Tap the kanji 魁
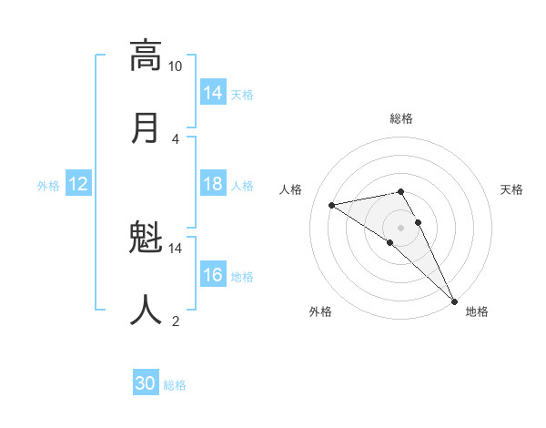coord(146,239)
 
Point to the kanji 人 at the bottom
coord(146,310)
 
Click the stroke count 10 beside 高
coord(176,66)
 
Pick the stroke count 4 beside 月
coord(176,138)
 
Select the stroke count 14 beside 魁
coord(176,248)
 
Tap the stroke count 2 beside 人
coord(176,320)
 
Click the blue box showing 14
coord(213,93)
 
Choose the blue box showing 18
coord(213,184)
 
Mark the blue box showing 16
coord(213,275)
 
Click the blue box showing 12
coord(78,184)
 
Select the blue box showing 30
coord(146,383)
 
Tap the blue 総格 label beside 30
coord(175,385)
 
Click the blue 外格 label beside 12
coord(48,186)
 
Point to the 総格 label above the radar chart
coord(401,118)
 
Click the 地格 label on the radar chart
coord(477,311)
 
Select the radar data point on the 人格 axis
coord(332,205)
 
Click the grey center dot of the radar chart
coord(401,227)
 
